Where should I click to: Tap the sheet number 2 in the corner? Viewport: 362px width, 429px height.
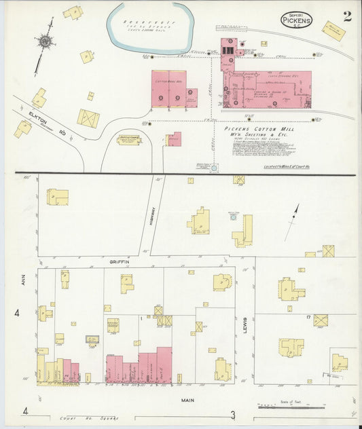pos(347,17)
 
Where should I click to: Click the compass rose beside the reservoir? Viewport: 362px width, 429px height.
pos(45,41)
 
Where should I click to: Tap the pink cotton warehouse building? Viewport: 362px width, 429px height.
pos(168,89)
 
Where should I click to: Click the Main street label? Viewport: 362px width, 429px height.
pos(188,400)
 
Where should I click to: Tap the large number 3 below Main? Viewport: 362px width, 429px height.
pos(232,415)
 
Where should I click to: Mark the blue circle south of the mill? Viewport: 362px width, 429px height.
pos(215,167)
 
